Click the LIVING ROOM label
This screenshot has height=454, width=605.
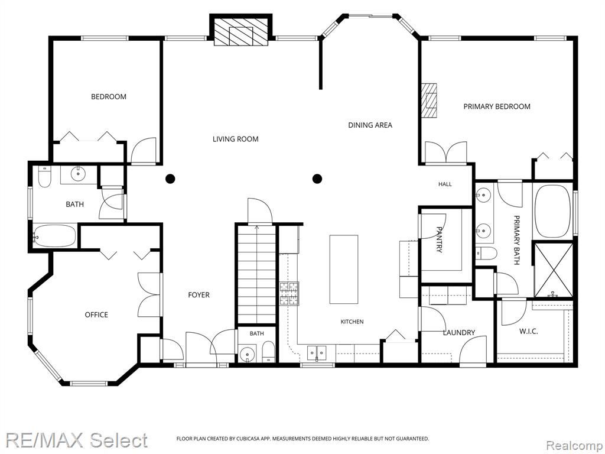pyautogui.click(x=235, y=139)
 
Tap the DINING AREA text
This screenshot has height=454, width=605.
pyautogui.click(x=370, y=125)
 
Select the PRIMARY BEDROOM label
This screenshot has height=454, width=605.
pyautogui.click(x=496, y=106)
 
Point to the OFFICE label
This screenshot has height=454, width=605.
pyautogui.click(x=96, y=314)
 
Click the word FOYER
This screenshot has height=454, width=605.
pyautogui.click(x=199, y=295)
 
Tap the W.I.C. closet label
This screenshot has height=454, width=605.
pyautogui.click(x=529, y=331)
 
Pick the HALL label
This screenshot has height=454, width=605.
pyautogui.click(x=445, y=184)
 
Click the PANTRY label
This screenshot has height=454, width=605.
pyautogui.click(x=439, y=239)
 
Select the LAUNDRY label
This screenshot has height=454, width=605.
pyautogui.click(x=458, y=332)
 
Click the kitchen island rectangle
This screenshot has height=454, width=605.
pyautogui.click(x=344, y=269)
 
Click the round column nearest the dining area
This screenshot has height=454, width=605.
pyautogui.click(x=317, y=179)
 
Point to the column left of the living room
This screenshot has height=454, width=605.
pyautogui.click(x=170, y=179)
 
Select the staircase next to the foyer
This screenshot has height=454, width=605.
pyautogui.click(x=256, y=274)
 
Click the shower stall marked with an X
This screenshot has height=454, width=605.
pyautogui.click(x=552, y=269)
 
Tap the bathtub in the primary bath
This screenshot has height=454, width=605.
pyautogui.click(x=552, y=212)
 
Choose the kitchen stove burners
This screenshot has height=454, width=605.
pyautogui.click(x=290, y=293)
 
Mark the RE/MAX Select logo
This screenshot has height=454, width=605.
pyautogui.click(x=76, y=440)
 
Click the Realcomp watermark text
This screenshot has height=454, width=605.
pyautogui.click(x=574, y=446)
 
